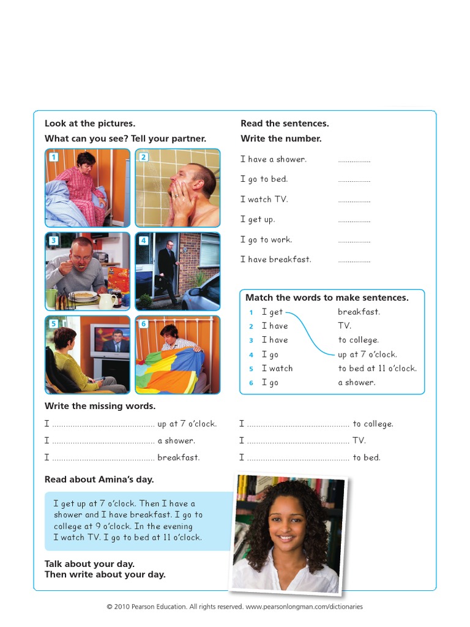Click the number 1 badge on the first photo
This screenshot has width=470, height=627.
53,157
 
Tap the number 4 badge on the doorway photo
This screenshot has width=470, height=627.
143,241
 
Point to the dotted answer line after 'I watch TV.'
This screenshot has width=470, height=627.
354,200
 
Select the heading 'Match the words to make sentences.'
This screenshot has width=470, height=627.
327,298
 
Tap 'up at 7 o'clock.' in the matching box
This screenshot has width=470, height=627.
367,354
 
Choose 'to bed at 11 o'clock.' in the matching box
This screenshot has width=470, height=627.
377,368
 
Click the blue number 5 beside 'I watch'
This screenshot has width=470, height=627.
251,369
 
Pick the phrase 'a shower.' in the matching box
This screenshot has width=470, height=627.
357,382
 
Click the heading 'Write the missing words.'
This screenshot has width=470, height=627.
100,406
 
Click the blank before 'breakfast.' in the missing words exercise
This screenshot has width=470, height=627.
103,458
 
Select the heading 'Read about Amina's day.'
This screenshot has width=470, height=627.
99,479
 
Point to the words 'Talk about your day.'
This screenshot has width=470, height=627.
89,563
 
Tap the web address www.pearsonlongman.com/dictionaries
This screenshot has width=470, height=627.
304,607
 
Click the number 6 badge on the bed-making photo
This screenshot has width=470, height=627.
143,324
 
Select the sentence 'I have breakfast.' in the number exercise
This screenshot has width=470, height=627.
275,260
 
